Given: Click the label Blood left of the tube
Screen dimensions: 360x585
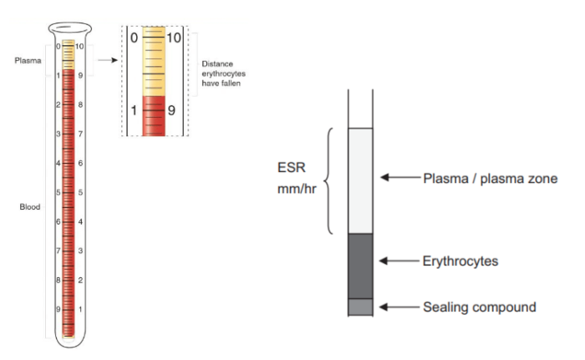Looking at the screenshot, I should [30, 206].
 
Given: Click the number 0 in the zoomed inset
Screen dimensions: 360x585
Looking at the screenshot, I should [133, 38].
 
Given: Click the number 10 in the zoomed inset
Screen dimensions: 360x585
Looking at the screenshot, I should [174, 38].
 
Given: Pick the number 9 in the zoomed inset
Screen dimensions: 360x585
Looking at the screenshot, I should [171, 109].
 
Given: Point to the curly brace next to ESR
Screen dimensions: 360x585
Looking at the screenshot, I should [328, 180].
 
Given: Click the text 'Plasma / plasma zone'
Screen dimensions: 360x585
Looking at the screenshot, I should [490, 178].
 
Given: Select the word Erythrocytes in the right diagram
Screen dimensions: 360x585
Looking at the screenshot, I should [460, 261].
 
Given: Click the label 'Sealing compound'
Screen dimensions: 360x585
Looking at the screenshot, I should [479, 307].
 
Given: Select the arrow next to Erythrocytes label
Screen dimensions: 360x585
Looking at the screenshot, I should [398, 261].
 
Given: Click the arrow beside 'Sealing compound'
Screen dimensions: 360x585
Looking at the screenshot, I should [398, 307].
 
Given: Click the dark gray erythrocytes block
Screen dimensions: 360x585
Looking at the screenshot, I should [360, 266].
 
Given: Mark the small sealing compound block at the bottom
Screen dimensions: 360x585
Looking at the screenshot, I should [360, 307].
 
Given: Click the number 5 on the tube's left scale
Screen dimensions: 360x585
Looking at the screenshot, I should [58, 192].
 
